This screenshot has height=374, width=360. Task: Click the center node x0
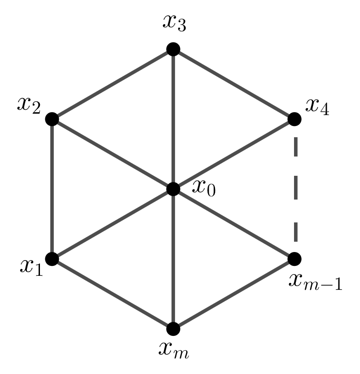tap(173, 189)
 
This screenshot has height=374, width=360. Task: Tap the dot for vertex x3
tap(173, 49)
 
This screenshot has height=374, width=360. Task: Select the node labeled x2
tap(52, 119)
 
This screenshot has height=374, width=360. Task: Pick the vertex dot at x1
tap(52, 259)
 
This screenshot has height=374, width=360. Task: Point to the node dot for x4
tap(294, 119)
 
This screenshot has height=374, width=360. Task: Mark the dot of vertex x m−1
tap(294, 259)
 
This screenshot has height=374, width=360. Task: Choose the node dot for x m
tap(173, 329)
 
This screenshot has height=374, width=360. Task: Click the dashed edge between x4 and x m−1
tap(295, 188)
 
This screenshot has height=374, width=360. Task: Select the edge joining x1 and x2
tap(52, 189)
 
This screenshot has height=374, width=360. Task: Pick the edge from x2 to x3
tap(113, 84)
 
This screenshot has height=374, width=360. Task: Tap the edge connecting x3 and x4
tap(234, 84)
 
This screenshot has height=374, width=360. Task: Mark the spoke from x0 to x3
tap(173, 119)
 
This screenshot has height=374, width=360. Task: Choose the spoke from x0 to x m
tap(173, 259)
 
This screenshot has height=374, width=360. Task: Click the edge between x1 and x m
tap(113, 294)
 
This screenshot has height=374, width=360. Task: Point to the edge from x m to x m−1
tap(234, 294)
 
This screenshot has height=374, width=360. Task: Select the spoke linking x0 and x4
tap(234, 154)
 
